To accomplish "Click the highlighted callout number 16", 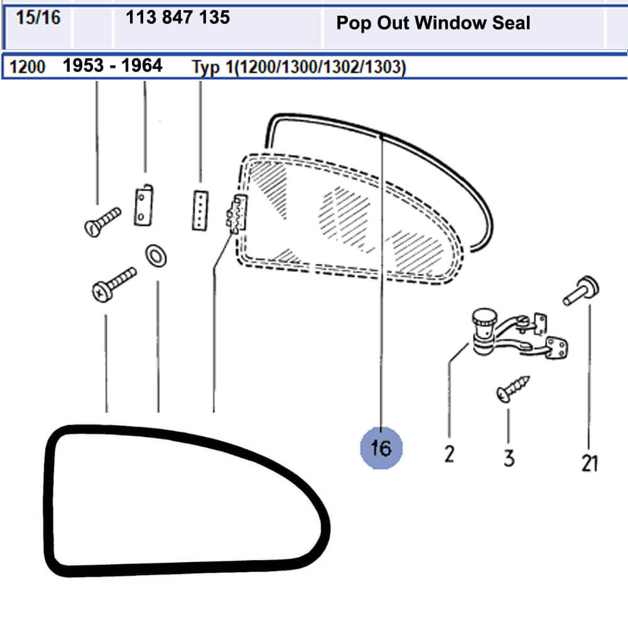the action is [381, 448].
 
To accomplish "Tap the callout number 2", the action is [450, 454].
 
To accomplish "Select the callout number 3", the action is [509, 458].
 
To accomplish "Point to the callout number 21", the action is [590, 463].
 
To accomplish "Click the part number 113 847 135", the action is [178, 17].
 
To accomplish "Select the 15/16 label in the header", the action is [38, 18].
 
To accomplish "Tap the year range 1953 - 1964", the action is [112, 65].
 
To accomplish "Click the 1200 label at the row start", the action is [27, 67].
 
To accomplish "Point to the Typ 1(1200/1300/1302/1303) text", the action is [299, 67].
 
